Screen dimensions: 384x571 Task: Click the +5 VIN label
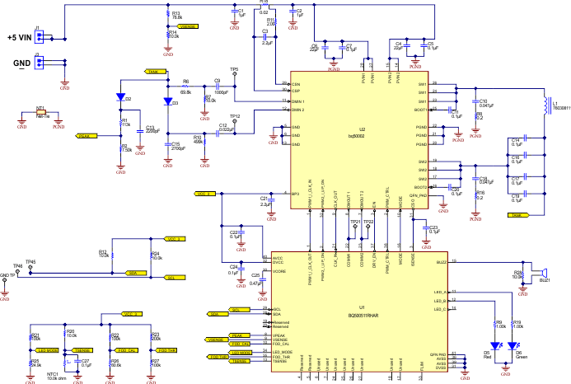18,38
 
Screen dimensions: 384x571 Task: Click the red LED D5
494,345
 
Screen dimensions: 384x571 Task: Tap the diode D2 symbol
120,97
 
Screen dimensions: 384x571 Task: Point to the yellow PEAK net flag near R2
85,135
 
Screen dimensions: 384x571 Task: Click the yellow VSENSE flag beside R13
187,26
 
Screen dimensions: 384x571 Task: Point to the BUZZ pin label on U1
442,261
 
